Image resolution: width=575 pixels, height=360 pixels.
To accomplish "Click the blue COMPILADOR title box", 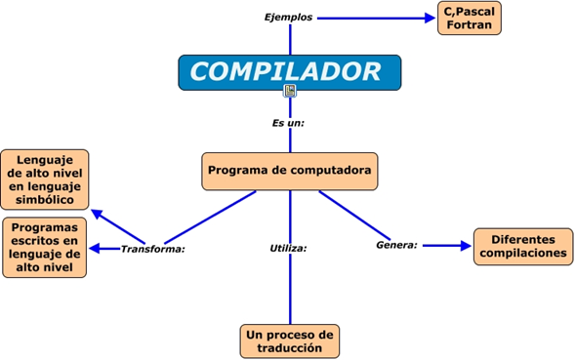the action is pos(289,71).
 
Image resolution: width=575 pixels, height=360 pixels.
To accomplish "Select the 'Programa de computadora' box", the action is pos(289,171).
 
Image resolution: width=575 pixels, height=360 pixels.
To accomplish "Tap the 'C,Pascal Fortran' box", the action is pos(469,19).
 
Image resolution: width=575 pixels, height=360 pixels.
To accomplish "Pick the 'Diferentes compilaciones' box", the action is pos(522,246).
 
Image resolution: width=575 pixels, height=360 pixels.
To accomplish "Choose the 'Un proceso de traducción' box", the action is pos(290,340).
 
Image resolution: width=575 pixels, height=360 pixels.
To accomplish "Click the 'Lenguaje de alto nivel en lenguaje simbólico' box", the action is pos(45,179).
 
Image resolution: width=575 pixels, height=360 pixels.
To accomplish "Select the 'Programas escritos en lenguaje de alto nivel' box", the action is pos(45,247).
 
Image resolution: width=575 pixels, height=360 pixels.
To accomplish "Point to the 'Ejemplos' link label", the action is pos(289,18).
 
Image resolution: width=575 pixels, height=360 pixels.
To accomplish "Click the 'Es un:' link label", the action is pos(289,123).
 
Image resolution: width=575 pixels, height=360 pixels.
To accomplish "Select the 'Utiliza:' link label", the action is pos(289,248).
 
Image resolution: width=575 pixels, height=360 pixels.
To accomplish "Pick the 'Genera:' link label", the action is pos(397,245).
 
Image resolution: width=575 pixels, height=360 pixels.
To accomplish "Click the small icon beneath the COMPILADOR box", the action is pos(290,91).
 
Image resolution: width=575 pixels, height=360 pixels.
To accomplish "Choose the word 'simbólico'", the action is pos(45,199).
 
